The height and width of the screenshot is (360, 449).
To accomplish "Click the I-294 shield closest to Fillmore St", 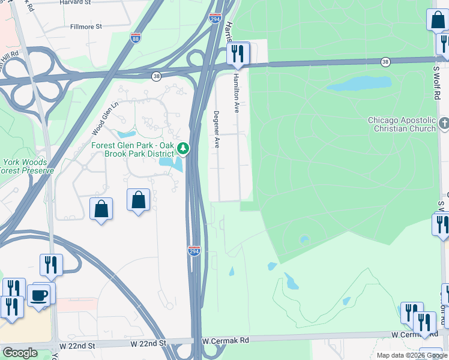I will point(215,19).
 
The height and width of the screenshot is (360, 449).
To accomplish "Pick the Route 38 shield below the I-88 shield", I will point(157,76).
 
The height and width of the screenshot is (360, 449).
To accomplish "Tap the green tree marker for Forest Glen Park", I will point(185,148).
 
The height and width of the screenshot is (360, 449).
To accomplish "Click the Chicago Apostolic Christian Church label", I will point(402,124).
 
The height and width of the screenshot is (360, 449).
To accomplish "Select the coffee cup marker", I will point(39,295).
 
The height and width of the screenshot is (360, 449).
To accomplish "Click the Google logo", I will point(19,353).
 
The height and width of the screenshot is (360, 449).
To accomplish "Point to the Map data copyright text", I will point(411,355).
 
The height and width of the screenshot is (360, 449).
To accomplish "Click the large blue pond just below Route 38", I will point(358,83).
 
